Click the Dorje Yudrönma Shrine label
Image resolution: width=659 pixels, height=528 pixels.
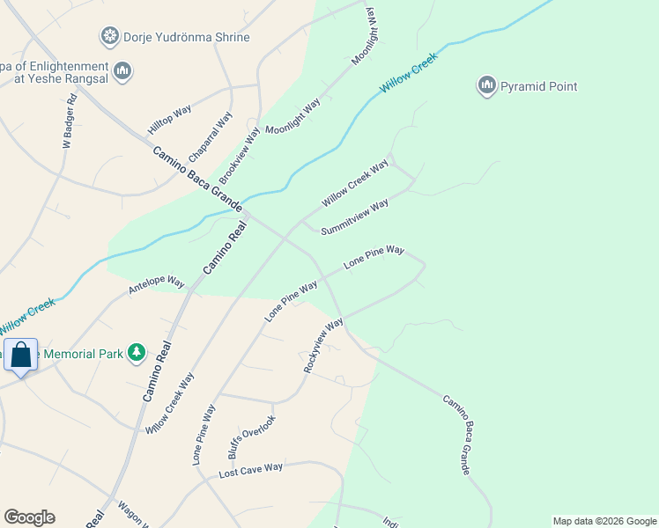click(x=187, y=38)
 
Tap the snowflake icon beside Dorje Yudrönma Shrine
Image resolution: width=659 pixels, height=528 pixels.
click(x=109, y=37)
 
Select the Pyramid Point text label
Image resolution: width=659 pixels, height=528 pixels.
click(x=538, y=86)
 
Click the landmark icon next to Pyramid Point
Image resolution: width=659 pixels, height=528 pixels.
click(x=486, y=85)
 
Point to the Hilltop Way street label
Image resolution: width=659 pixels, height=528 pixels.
click(x=170, y=120)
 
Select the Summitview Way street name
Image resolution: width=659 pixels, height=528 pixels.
click(x=355, y=217)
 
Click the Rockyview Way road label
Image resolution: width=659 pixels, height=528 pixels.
click(x=323, y=345)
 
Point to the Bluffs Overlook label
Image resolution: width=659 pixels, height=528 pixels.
click(x=252, y=437)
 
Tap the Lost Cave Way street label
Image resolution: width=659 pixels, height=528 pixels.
click(x=251, y=471)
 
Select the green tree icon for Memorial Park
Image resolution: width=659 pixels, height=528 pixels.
click(x=136, y=353)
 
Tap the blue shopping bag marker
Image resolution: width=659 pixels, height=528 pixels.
click(x=20, y=356)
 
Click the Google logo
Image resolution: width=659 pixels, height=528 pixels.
click(x=29, y=517)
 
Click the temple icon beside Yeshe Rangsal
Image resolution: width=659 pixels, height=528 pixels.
click(x=122, y=70)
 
